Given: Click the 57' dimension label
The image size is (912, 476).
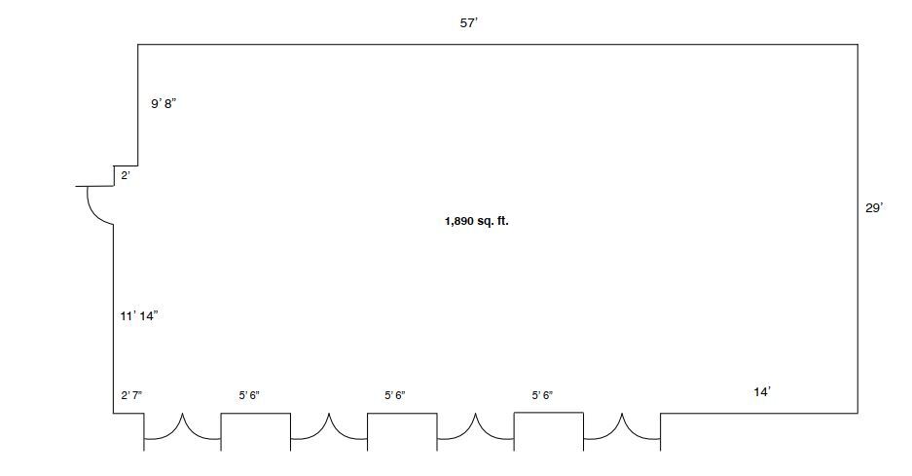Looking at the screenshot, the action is (469, 23).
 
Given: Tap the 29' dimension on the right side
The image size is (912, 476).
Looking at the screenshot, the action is (874, 207).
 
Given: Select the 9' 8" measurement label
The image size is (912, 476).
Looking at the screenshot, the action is (164, 104).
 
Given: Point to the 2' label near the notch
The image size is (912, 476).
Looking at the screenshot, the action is (126, 175).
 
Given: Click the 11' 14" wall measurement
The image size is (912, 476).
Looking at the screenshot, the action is (139, 316).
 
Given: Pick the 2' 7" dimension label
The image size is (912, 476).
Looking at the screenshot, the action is (131, 396).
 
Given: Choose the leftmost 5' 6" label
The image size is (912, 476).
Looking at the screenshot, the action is (249, 396).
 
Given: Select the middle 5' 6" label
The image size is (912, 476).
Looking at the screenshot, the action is (395, 396).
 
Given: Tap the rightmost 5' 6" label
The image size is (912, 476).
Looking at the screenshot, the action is (542, 396).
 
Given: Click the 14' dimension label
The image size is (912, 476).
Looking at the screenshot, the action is (762, 392).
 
